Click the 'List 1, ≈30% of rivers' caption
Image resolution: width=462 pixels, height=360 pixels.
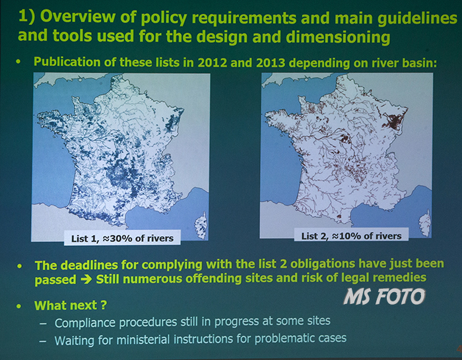point(122,238)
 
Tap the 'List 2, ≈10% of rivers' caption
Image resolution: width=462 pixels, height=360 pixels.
point(351,236)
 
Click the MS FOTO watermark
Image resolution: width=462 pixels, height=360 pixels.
point(384,296)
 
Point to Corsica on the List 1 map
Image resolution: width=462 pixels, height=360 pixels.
point(201,225)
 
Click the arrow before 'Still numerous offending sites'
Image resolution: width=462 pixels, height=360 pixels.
point(86,279)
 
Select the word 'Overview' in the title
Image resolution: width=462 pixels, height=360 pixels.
point(78,16)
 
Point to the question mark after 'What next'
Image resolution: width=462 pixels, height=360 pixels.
point(103,305)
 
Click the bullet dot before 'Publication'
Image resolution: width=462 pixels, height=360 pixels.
point(19,62)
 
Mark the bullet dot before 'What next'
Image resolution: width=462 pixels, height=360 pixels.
point(19,306)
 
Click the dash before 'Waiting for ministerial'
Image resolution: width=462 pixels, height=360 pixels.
point(43,341)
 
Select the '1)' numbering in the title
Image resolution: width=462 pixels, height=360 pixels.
point(26,16)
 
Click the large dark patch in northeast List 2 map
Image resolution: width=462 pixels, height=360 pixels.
point(393,121)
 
